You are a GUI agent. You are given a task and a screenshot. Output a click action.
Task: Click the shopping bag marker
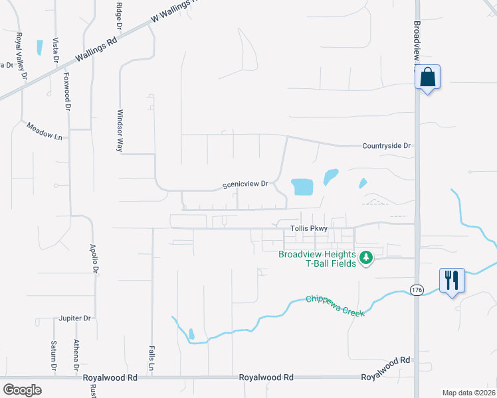(x=428, y=78)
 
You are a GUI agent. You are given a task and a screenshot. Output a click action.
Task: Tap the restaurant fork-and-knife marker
(x=452, y=280)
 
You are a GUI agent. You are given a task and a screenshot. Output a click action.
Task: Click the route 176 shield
(x=417, y=290)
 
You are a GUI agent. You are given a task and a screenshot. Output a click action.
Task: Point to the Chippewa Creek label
(x=336, y=305)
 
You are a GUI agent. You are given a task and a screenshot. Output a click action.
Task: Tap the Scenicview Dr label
(x=245, y=184)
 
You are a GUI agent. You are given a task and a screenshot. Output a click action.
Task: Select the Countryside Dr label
(x=387, y=145)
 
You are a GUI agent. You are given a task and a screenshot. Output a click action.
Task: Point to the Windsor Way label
(x=120, y=131)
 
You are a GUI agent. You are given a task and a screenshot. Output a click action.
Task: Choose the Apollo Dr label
(x=94, y=259)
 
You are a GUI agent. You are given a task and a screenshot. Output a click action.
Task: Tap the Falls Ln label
(x=151, y=358)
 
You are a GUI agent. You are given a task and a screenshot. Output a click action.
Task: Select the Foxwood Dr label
(x=67, y=92)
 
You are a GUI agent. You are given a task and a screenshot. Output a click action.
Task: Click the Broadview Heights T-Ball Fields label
(x=318, y=259)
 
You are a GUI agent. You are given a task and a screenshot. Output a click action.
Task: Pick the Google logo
(x=22, y=389)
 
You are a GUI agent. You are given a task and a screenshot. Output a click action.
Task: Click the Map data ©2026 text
(x=468, y=393)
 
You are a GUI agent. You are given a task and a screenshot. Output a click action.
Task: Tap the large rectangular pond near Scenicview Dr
(x=302, y=186)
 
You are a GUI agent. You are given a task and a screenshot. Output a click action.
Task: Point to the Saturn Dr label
(x=54, y=356)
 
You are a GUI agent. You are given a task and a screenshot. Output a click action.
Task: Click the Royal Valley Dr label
(x=21, y=56)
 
